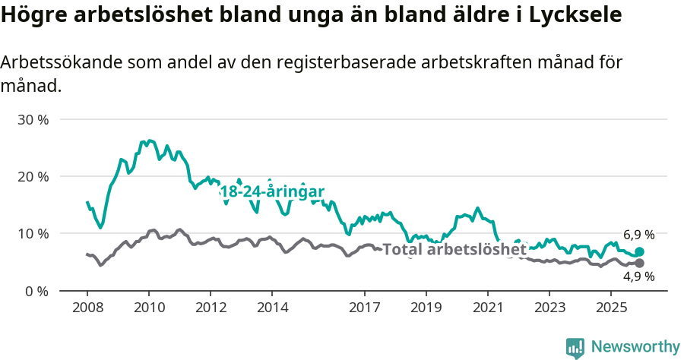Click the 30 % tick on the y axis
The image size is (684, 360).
pyautogui.click(x=33, y=120)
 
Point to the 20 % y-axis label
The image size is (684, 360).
pyautogui.click(x=33, y=177)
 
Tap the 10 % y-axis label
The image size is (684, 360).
pyautogui.click(x=33, y=234)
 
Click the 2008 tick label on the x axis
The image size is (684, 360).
pyautogui.click(x=87, y=308)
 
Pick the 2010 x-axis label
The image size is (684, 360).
pyautogui.click(x=149, y=308)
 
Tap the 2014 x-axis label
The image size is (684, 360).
pyautogui.click(x=272, y=308)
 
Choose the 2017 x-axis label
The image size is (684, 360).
pyautogui.click(x=364, y=308)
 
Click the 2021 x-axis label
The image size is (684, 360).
pyautogui.click(x=487, y=308)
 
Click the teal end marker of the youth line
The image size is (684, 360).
pyautogui.click(x=639, y=251)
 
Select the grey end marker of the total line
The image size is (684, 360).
pyautogui.click(x=639, y=263)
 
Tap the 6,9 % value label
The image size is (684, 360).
pyautogui.click(x=639, y=235)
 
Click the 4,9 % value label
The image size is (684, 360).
pyautogui.click(x=639, y=278)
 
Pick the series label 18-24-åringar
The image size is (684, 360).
pyautogui.click(x=271, y=192)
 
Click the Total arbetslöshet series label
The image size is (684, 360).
pyautogui.click(x=454, y=249)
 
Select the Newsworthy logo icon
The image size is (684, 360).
pyautogui.click(x=575, y=348)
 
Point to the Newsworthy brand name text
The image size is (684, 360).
pyautogui.click(x=635, y=347)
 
